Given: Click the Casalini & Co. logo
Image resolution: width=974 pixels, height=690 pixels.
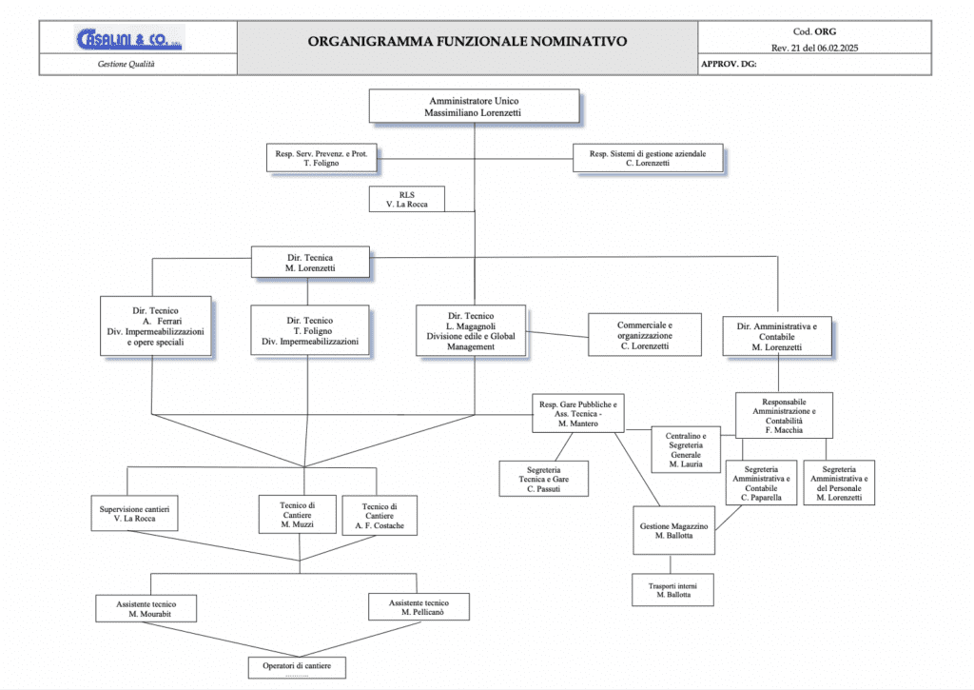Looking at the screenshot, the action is click(129, 38).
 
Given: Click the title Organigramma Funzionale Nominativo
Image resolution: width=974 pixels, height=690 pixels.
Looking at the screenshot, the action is click(467, 42).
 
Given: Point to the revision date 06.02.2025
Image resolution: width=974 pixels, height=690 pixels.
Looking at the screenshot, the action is click(837, 48).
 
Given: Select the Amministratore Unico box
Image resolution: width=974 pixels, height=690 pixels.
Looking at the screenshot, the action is click(474, 107).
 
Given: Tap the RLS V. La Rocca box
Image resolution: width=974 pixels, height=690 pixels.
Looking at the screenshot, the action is click(407, 199).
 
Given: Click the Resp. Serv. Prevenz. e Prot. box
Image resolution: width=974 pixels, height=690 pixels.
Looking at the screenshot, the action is click(321, 158).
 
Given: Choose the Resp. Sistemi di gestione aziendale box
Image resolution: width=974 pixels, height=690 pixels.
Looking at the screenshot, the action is click(647, 158).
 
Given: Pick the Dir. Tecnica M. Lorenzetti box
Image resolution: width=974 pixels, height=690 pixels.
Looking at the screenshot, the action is click(310, 263).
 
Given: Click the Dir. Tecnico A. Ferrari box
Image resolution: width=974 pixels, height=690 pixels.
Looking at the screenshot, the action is click(155, 325).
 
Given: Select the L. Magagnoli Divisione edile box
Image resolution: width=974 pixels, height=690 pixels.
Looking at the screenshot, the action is click(471, 330).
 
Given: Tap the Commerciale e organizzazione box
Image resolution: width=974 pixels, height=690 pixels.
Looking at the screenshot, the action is click(645, 335).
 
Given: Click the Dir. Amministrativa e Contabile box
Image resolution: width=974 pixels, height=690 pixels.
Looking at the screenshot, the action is click(777, 336).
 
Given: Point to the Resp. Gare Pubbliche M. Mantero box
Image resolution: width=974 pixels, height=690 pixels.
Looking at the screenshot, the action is click(577, 413).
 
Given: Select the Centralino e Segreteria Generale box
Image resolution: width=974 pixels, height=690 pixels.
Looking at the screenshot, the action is click(686, 449).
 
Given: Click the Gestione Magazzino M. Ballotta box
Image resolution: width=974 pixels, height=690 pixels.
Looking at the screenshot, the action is click(674, 530).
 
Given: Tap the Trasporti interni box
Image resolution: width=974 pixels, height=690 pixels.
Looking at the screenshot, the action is click(672, 590).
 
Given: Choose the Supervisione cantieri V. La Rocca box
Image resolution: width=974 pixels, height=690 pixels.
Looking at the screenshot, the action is click(134, 514).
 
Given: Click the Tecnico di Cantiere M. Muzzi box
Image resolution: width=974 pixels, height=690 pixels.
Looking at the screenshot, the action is click(298, 515).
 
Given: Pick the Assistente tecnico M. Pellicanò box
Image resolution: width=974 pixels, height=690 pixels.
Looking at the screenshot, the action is click(419, 607).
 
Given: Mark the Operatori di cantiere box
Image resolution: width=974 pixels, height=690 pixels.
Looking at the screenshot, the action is click(297, 667).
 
